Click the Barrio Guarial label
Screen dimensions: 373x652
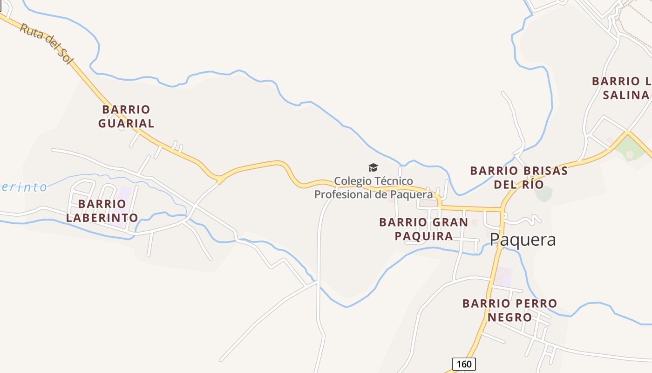[x=126, y=117]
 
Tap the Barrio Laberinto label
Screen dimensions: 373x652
[x=102, y=211]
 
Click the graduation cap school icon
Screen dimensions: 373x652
[x=373, y=168]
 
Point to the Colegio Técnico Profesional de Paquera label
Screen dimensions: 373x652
[x=374, y=187]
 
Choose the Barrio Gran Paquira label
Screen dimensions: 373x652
[x=423, y=229]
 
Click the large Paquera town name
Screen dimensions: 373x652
[x=523, y=240]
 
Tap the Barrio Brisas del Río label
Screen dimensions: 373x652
[x=519, y=177]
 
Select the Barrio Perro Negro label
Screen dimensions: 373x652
[x=509, y=310]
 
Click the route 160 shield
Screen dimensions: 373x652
[x=464, y=364]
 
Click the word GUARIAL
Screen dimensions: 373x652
[x=126, y=124]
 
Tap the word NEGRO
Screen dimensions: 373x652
[x=509, y=318]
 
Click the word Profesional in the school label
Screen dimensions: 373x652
[x=343, y=194]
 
